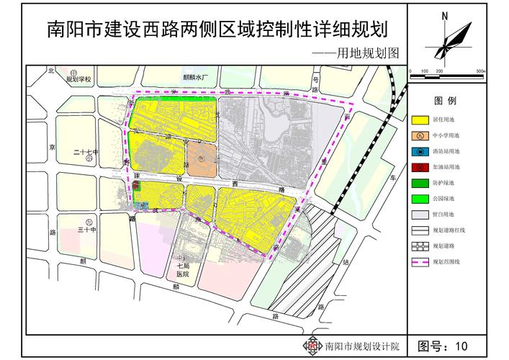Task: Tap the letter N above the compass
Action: [446, 15]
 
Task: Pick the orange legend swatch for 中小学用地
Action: [420, 135]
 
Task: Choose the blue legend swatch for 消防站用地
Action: [420, 150]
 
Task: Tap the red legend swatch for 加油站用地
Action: [420, 166]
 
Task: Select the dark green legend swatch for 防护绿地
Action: [420, 182]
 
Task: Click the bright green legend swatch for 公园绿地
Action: [420, 198]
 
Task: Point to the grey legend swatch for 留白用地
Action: [420, 215]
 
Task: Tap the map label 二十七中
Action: [84, 153]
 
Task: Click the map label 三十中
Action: [86, 230]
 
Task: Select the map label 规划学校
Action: [79, 80]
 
